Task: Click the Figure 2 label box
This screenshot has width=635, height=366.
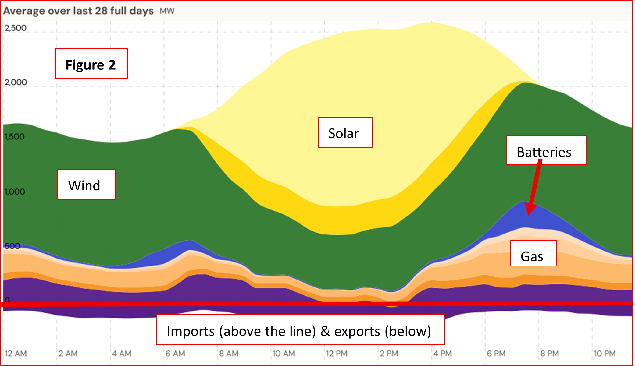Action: pyautogui.click(x=91, y=64)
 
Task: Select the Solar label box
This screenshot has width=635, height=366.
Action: pyautogui.click(x=345, y=132)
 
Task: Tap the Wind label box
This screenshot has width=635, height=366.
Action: pyautogui.click(x=87, y=185)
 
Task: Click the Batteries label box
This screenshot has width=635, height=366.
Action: pyautogui.click(x=546, y=150)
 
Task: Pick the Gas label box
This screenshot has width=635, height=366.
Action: pyautogui.click(x=533, y=253)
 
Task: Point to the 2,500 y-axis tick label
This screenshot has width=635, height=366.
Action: pyautogui.click(x=16, y=28)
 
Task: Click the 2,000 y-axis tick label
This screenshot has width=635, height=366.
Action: pyautogui.click(x=16, y=82)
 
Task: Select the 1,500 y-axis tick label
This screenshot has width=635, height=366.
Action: pyautogui.click(x=14, y=137)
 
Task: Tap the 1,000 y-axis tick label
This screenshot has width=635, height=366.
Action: pyautogui.click(x=15, y=192)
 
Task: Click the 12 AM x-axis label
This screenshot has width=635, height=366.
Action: pyautogui.click(x=16, y=354)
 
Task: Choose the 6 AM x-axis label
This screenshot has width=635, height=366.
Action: pyautogui.click(x=175, y=354)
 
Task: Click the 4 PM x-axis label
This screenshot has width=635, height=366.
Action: pyautogui.click(x=443, y=354)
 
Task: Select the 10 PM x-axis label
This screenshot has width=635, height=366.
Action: pyautogui.click(x=605, y=354)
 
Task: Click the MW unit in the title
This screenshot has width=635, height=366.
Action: pyautogui.click(x=167, y=11)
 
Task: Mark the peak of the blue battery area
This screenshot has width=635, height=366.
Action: pyautogui.click(x=524, y=202)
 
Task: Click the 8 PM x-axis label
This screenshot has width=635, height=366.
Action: pyautogui.click(x=550, y=354)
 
